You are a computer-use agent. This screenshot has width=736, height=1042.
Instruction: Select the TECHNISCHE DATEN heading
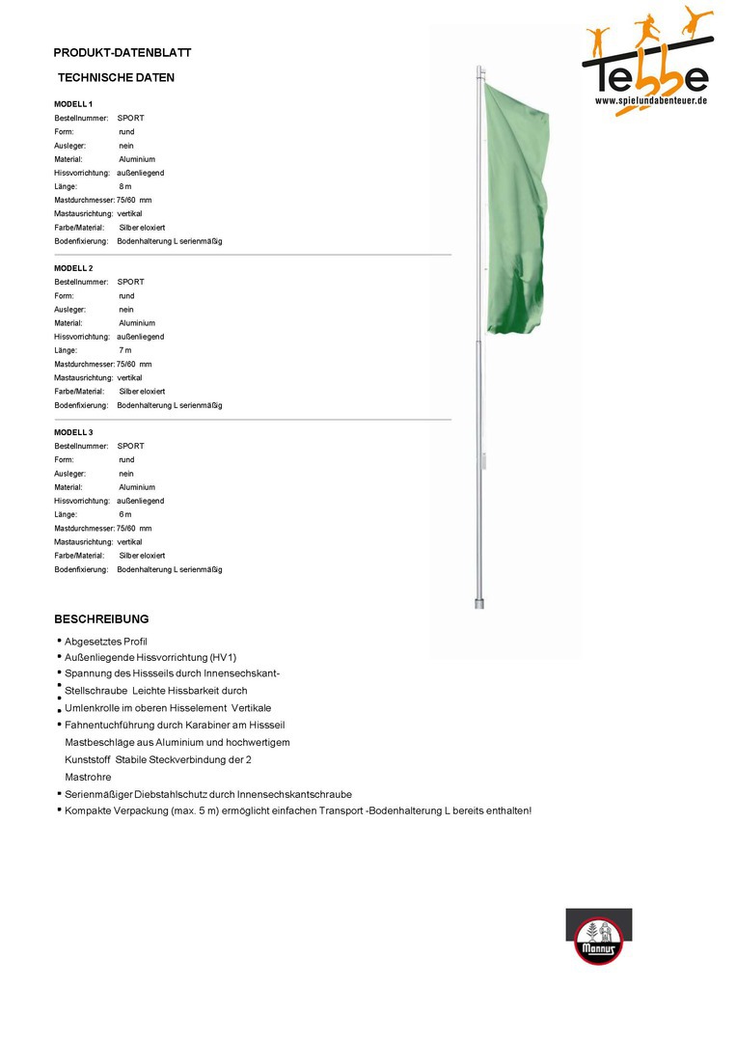click(116, 77)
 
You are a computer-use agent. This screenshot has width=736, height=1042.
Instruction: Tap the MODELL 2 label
click(73, 267)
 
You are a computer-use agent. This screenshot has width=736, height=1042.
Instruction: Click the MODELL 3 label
click(73, 431)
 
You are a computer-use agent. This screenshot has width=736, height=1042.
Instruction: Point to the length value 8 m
click(124, 186)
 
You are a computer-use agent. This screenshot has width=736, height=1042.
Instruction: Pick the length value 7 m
click(124, 350)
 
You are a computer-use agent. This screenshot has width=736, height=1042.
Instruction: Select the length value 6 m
click(124, 514)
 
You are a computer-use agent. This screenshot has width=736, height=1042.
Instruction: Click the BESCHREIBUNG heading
click(101, 618)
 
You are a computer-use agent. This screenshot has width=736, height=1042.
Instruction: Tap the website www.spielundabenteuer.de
click(651, 100)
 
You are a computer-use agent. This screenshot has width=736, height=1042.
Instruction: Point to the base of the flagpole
click(478, 602)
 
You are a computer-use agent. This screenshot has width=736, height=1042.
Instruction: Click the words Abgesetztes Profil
click(105, 642)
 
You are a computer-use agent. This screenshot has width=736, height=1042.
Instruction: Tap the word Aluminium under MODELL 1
click(136, 159)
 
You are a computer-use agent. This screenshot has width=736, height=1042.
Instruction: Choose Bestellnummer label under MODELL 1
click(80, 118)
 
